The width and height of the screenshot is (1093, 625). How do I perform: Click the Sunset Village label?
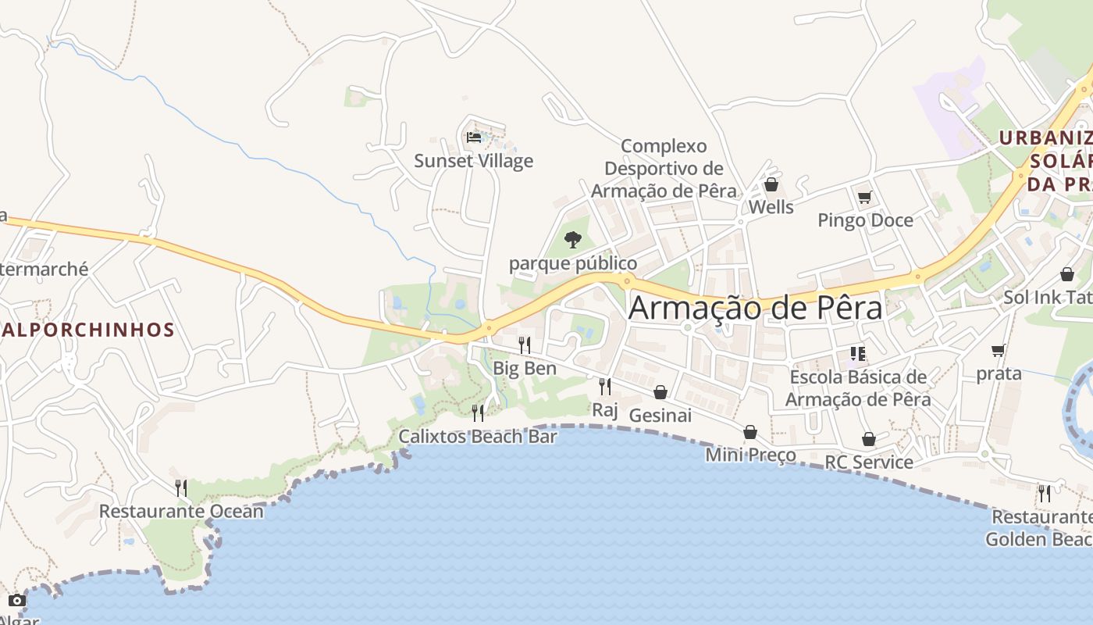pyautogui.click(x=473, y=161)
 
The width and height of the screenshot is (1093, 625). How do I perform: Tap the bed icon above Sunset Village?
pyautogui.click(x=474, y=137)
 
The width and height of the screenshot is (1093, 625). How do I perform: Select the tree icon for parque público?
pyautogui.click(x=573, y=239)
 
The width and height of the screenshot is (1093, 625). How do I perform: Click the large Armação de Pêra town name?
pyautogui.click(x=755, y=307)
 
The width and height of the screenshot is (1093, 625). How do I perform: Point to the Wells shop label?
pyautogui.click(x=771, y=207)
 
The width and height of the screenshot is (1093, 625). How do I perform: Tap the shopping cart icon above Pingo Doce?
pyautogui.click(x=864, y=197)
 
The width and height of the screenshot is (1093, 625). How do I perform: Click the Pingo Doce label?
pyautogui.click(x=865, y=220)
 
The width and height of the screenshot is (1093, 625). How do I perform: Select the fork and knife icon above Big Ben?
pyautogui.click(x=525, y=345)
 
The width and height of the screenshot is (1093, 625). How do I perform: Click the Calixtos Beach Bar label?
pyautogui.click(x=478, y=436)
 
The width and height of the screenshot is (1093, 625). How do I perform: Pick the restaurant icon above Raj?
pyautogui.click(x=604, y=386)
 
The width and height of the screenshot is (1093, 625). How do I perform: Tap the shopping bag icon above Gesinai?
pyautogui.click(x=660, y=391)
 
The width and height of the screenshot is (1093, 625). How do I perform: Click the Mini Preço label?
pyautogui.click(x=750, y=455)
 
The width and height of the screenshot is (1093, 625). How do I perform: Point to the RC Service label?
pyautogui.click(x=869, y=462)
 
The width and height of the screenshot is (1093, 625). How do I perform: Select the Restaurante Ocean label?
pyautogui.click(x=181, y=512)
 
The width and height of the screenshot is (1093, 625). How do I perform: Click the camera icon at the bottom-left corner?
pyautogui.click(x=16, y=600)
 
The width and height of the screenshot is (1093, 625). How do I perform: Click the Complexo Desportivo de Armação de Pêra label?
pyautogui.click(x=664, y=168)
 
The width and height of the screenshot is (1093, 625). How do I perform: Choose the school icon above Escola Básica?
pyautogui.click(x=858, y=354)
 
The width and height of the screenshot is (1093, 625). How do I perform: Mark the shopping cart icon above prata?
pyautogui.click(x=998, y=350)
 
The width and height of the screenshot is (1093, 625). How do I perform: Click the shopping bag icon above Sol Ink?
pyautogui.click(x=1066, y=274)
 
